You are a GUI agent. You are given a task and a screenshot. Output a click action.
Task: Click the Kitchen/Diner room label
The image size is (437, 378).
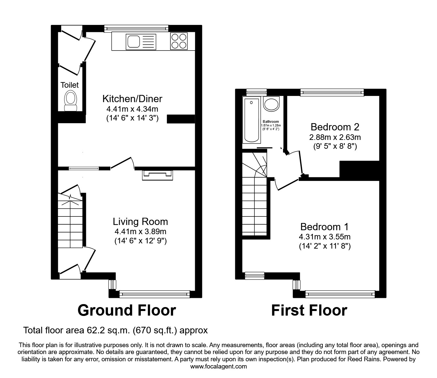(x=132, y=99)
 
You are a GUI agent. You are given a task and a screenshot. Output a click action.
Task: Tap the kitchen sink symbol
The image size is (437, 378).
(x=141, y=42)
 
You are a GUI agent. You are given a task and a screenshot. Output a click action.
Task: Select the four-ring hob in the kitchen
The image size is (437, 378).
(x=179, y=41)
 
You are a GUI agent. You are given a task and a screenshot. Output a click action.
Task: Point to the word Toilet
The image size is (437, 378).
(x=70, y=85)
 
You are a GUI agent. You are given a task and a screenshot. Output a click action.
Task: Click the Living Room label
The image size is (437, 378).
(x=141, y=222)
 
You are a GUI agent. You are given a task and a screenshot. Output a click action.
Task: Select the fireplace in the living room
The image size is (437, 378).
(x=157, y=175)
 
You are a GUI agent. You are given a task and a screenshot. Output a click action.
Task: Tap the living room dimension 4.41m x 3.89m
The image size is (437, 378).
(x=141, y=232)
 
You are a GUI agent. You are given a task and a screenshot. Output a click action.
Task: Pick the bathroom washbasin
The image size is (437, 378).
(x=271, y=104)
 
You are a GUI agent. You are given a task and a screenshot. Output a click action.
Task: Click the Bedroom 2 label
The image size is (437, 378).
(x=335, y=127)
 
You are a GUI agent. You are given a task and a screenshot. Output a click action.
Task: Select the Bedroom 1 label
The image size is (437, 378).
(x=324, y=227)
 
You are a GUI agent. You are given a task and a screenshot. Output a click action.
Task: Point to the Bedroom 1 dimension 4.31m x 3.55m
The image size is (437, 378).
(x=324, y=236)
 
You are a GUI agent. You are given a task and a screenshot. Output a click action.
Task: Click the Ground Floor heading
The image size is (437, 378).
(x=127, y=310)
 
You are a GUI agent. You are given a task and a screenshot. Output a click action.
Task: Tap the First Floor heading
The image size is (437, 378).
(x=309, y=310)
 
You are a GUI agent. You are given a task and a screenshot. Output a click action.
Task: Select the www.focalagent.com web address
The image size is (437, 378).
(x=218, y=367)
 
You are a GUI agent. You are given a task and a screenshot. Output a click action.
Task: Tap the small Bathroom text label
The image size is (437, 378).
(x=271, y=122)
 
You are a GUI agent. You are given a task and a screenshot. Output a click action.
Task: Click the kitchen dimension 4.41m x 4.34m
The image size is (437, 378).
(x=132, y=108)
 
